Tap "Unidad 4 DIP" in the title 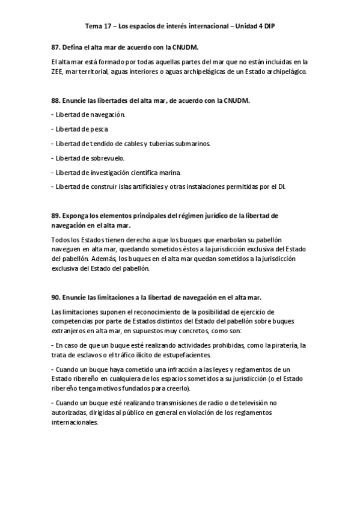(254, 27)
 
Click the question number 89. (56, 215)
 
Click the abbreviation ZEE (59, 72)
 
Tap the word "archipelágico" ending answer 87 (287, 72)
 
